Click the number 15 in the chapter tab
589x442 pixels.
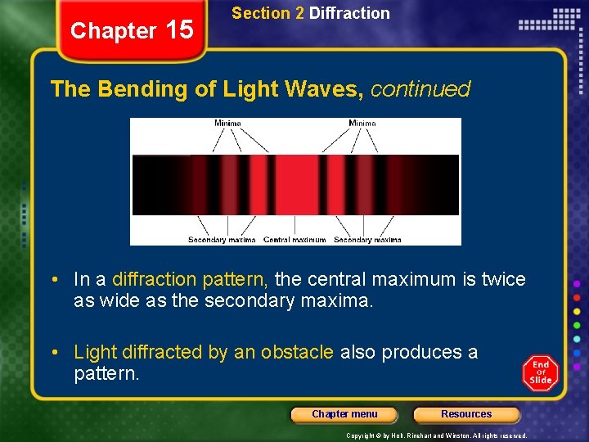[x=179, y=30]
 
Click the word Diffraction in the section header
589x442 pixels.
[x=349, y=13]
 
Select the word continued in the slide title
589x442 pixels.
[x=420, y=89]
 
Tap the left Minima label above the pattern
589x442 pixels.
[x=227, y=124]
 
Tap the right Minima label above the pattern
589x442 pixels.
[x=362, y=124]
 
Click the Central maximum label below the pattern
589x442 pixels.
[x=294, y=240]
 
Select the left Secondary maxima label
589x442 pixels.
[x=222, y=240]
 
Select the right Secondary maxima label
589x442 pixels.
[x=367, y=240]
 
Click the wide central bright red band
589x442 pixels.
[x=294, y=185]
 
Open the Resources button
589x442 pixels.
[x=466, y=414]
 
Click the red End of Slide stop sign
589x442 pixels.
[x=541, y=373]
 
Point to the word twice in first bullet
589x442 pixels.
[x=504, y=279]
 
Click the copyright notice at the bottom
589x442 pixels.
[x=437, y=436]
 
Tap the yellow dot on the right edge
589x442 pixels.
[x=577, y=310]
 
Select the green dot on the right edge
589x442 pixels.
[x=577, y=325]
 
